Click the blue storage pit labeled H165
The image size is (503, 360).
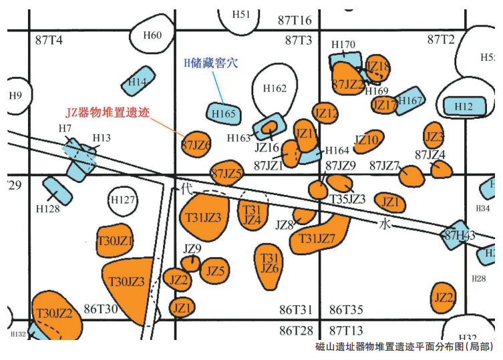pos(224,114)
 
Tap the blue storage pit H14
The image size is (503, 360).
pos(138,81)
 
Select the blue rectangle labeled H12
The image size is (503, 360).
pos(464,106)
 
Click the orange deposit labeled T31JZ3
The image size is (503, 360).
pos(204,217)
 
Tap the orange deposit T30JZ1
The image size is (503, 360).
pos(116,241)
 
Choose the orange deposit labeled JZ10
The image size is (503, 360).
pos(367,140)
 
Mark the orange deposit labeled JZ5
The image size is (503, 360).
pos(215,271)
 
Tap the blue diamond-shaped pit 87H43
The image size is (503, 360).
pos(460,235)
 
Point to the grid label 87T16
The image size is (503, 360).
pos(295,19)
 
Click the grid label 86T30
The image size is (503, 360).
pos(100,309)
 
